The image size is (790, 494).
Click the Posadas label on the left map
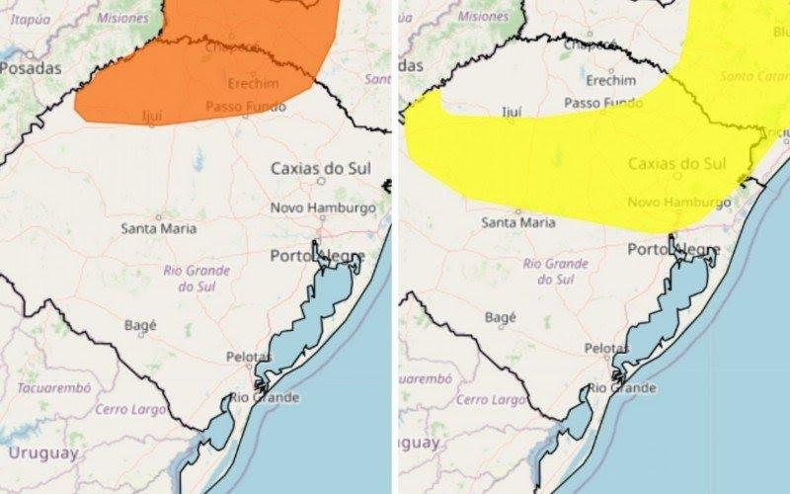pyautogui.click(x=31, y=68)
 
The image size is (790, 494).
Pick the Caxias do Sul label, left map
pyautogui.click(x=321, y=168)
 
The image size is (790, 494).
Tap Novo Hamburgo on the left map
pyautogui.click(x=324, y=207)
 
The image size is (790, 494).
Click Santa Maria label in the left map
pyautogui.click(x=159, y=228)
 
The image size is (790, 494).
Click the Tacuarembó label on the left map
pyautogui.click(x=47, y=388)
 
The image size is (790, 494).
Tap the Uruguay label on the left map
pyautogui.click(x=41, y=453)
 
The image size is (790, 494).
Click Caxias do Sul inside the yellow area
pyautogui.click(x=677, y=163)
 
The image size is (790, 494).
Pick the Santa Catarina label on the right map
pyautogui.click(x=754, y=76)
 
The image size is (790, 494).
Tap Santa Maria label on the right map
pyautogui.click(x=518, y=222)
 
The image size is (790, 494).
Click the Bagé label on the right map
pyautogui.click(x=501, y=317)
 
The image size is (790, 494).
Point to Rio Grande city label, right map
pyautogui.click(x=622, y=387)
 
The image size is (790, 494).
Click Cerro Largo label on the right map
pyautogui.click(x=491, y=400)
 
